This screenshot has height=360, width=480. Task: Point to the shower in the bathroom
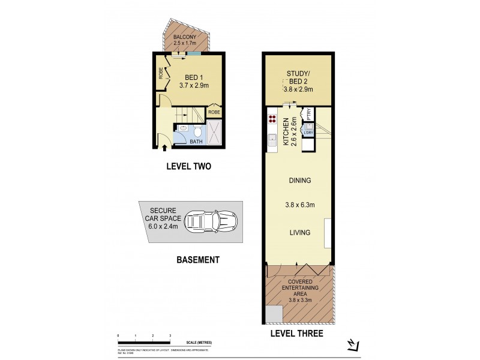tap(215, 133)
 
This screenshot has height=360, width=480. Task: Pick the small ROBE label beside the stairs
tap(214, 112)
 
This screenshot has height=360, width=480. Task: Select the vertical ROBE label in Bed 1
tap(161, 73)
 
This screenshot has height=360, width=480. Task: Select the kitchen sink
tap(271, 142)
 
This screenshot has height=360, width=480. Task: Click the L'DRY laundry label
tap(308, 132)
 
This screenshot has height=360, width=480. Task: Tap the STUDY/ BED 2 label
tap(298, 80)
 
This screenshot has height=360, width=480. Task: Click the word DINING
tap(298, 180)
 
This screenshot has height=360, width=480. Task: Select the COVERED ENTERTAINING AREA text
tap(298, 288)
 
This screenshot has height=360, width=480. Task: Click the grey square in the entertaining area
tap(274, 313)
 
